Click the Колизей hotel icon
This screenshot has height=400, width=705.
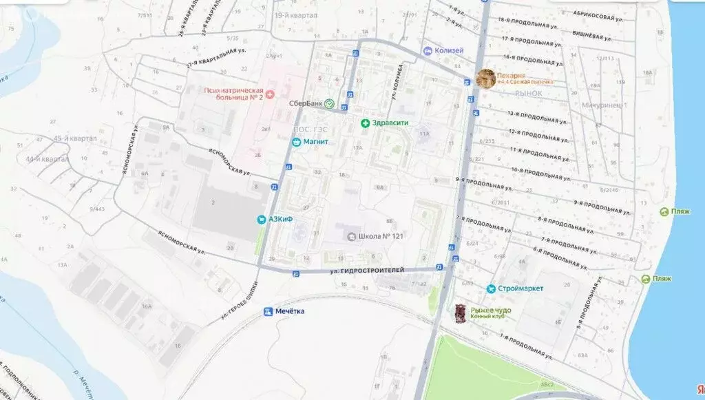click(x=428, y=51)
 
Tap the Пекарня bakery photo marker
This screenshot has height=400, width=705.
click(x=486, y=78)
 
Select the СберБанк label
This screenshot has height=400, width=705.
click(x=306, y=103)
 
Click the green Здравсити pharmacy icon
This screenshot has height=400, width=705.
click(x=365, y=123)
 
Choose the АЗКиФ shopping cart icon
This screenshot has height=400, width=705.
click(x=262, y=220)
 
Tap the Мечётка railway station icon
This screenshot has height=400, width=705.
click(x=269, y=311)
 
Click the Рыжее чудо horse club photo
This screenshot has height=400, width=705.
click(x=461, y=313)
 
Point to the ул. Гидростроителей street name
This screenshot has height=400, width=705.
click(x=366, y=271)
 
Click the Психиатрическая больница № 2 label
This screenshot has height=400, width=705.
click(x=235, y=94)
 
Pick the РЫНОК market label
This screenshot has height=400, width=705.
click(x=529, y=93)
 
